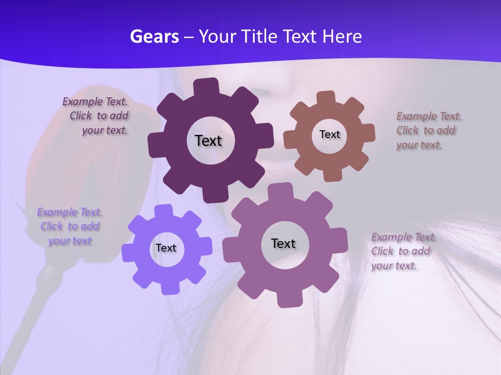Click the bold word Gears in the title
154,36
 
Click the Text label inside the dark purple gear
208,141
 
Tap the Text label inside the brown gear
329,134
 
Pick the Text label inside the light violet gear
166,248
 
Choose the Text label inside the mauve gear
283,244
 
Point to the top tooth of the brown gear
326,97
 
